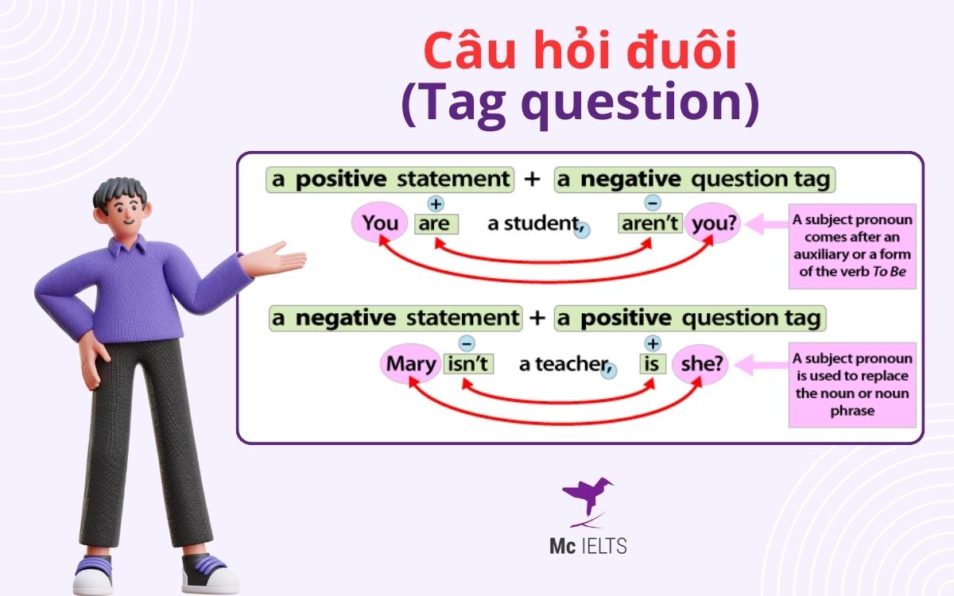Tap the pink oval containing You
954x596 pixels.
pos(379,224)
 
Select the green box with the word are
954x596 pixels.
pos(436,224)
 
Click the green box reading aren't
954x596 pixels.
pos(650,224)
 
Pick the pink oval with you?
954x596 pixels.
pos(713,224)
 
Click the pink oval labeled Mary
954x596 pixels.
pos(411,364)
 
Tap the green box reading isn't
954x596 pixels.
pos(468,364)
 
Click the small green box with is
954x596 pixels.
pos(652,365)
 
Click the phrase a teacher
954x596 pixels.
pos(562,365)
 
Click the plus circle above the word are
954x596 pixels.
pos(436,203)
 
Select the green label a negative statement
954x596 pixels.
pos(395,319)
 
